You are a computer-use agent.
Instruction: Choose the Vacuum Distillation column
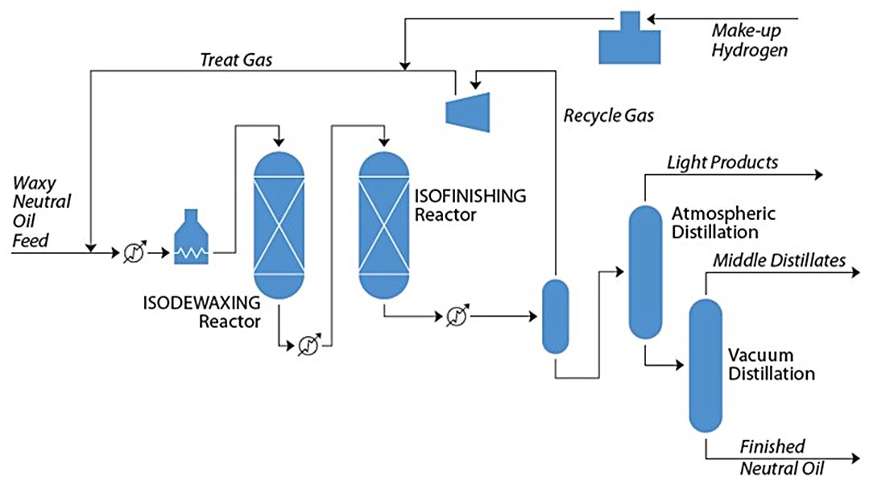(705, 365)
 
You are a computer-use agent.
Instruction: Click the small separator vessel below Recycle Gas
(554, 316)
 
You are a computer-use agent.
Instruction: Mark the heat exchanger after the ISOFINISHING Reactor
(457, 315)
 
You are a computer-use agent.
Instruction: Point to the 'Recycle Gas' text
(608, 115)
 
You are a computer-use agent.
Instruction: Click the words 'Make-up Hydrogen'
(748, 40)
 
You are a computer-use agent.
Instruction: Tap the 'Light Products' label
(722, 163)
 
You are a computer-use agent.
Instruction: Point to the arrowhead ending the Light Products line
(819, 175)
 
